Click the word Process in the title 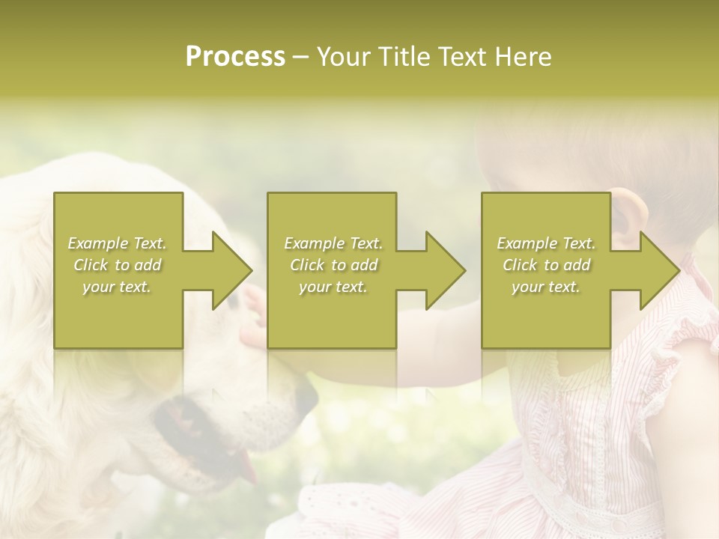point(235,56)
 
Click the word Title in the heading point(400,56)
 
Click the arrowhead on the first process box point(231,270)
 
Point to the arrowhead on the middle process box point(445,270)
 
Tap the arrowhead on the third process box point(659,270)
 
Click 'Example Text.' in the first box point(117,243)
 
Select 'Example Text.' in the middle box point(333,243)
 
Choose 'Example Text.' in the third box point(546,243)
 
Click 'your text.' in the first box point(117,287)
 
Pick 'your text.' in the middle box point(333,287)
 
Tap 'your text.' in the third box point(546,287)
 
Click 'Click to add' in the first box point(117,265)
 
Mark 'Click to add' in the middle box point(333,265)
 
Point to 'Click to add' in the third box point(546,265)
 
